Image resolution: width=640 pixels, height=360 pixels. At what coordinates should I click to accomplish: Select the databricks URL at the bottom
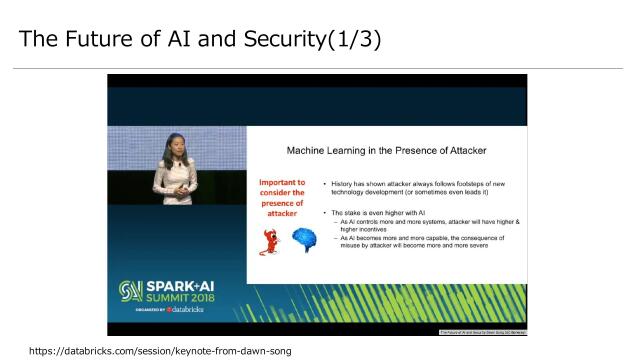click(160, 351)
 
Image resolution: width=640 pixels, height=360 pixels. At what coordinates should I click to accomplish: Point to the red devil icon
click(269, 241)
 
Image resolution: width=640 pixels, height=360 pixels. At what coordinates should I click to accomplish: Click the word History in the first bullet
click(349, 184)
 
